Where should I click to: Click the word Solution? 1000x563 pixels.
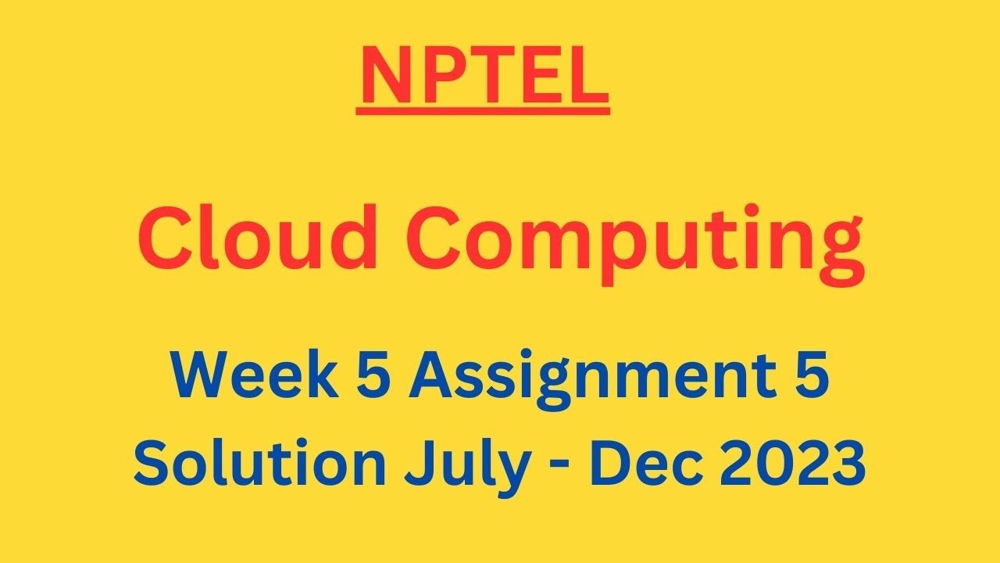(x=260, y=461)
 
